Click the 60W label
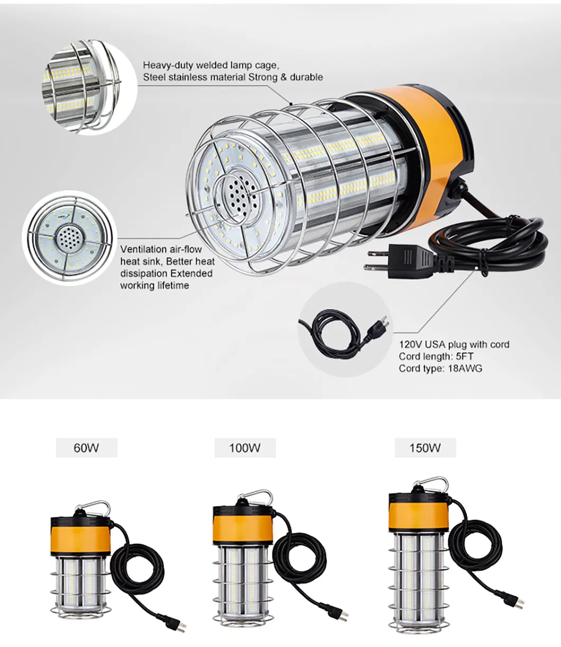pyautogui.click(x=86, y=448)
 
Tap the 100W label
pyautogui.click(x=245, y=448)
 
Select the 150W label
pyautogui.click(x=424, y=448)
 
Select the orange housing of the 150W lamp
pyautogui.click(x=419, y=513)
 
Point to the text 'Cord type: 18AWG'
pyautogui.click(x=440, y=369)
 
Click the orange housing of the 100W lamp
pyautogui.click(x=243, y=525)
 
